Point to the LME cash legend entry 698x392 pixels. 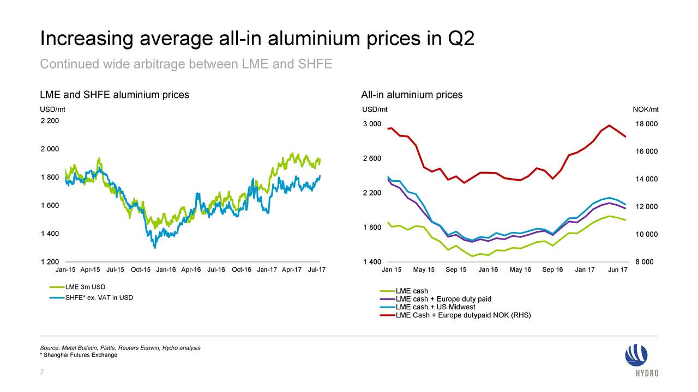click(x=412, y=291)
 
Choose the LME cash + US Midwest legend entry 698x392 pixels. click(x=435, y=307)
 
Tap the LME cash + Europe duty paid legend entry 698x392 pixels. click(x=443, y=299)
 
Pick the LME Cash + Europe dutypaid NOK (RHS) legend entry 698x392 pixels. click(x=463, y=315)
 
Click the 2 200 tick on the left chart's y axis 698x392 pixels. click(x=50, y=120)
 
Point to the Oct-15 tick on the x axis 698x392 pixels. click(x=141, y=269)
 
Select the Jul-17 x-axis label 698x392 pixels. click(x=316, y=269)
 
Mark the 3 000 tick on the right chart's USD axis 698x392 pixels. click(x=372, y=124)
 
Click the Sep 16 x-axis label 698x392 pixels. click(x=552, y=270)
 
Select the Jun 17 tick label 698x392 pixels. click(x=617, y=271)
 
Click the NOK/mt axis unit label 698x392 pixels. click(x=645, y=109)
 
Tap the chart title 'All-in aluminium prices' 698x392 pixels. click(x=412, y=95)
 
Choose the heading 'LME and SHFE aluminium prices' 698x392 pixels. click(x=115, y=95)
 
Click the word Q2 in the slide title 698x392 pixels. click(x=461, y=39)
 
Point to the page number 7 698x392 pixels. click(x=42, y=372)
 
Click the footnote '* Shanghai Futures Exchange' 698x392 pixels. click(x=79, y=355)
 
